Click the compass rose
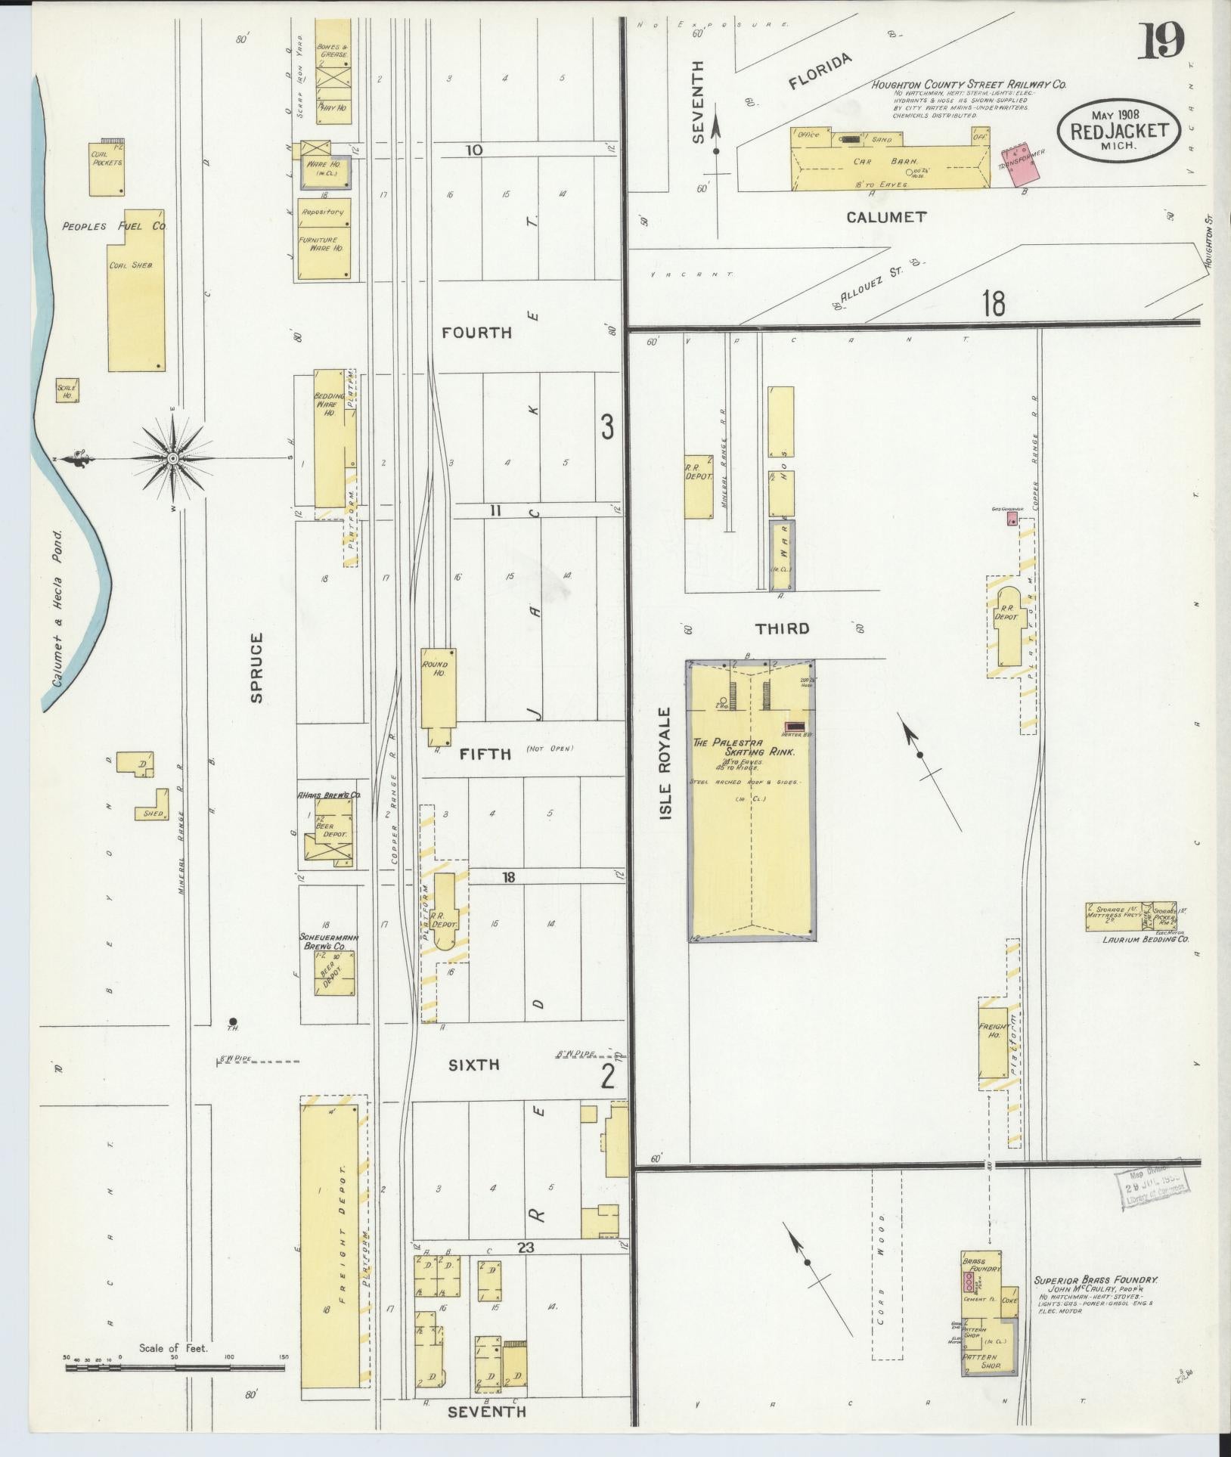point(173,458)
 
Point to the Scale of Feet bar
point(174,1368)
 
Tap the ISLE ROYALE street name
point(665,764)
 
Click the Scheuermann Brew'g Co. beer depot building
point(335,972)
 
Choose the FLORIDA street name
point(820,73)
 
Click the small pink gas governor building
point(1011,519)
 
